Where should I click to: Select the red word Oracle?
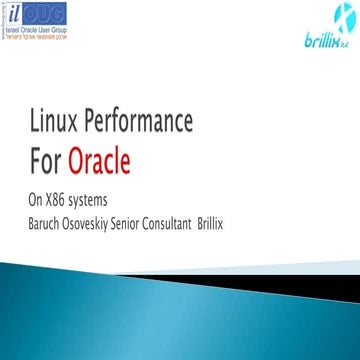click(99, 159)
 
